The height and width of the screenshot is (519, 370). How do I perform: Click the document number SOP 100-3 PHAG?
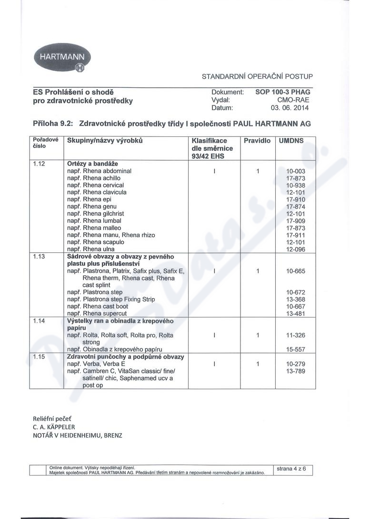pos(282,92)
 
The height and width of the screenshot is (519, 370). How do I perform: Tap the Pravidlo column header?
pos(257,141)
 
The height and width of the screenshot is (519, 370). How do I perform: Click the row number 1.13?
pos(39,257)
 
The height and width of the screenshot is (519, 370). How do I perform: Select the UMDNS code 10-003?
pos(295,171)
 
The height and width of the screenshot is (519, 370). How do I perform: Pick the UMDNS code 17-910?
pos(295,199)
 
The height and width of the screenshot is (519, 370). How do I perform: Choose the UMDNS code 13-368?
pos(295,299)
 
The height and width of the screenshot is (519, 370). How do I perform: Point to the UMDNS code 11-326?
pos(295,335)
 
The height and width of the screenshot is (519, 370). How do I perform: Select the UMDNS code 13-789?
pos(295,371)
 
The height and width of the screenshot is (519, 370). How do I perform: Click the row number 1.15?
pos(39,357)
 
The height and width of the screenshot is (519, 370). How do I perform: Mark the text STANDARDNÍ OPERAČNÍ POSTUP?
pos(257,76)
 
